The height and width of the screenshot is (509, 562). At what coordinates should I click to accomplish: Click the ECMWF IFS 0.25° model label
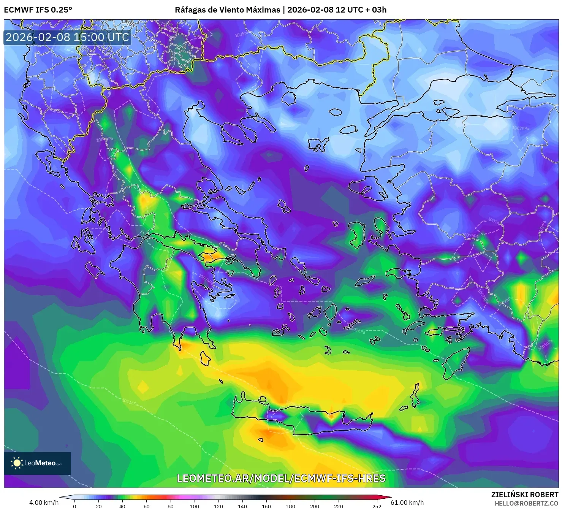point(38,10)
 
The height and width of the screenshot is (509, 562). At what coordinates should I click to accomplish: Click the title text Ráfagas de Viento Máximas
point(227,10)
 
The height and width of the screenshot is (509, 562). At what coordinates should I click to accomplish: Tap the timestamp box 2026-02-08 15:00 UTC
point(67,37)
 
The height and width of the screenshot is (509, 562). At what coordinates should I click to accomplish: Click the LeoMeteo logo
point(37,463)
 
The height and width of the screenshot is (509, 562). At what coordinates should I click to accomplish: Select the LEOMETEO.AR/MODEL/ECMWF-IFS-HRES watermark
point(281,478)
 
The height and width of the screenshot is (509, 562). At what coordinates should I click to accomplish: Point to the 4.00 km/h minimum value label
point(44,503)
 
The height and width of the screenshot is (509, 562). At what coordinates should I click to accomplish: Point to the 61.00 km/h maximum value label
point(407,503)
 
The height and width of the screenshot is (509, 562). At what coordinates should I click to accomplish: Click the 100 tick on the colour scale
point(195,506)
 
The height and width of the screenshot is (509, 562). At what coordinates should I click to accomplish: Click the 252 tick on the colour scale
point(377,506)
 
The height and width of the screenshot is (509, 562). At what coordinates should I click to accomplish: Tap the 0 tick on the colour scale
point(74,506)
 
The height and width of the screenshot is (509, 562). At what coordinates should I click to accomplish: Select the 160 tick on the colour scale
point(266,506)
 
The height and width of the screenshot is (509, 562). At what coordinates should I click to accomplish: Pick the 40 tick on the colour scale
point(122,506)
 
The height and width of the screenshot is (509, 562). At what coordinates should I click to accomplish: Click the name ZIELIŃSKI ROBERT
point(525,495)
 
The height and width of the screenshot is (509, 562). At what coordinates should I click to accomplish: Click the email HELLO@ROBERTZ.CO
point(526,503)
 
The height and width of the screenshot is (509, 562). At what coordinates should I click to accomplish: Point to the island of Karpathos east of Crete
point(415,395)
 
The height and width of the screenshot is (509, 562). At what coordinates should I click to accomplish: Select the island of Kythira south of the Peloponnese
point(205,358)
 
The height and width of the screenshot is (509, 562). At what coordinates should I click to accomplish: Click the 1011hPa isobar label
point(130,401)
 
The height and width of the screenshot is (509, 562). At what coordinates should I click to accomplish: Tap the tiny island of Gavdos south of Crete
point(261,440)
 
